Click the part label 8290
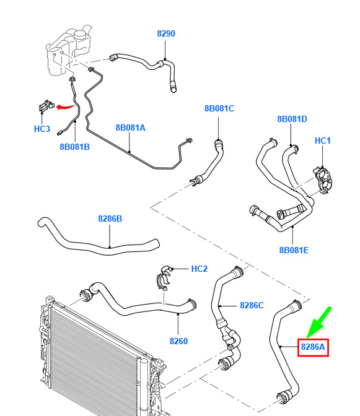tap(166, 33)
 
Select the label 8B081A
tap(130, 128)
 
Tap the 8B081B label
tap(74, 147)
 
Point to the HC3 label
tap(42, 129)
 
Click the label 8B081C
tap(219, 108)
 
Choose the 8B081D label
tap(292, 119)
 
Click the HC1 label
tap(323, 141)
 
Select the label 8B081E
tap(294, 250)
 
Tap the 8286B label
tap(110, 219)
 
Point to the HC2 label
tap(200, 269)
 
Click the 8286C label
tap(252, 305)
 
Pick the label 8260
tap(178, 341)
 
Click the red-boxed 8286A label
tap(313, 347)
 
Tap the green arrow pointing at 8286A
tap(319, 323)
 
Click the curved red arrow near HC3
tap(64, 107)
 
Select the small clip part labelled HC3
tap(46, 106)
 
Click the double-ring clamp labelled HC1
tap(323, 180)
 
